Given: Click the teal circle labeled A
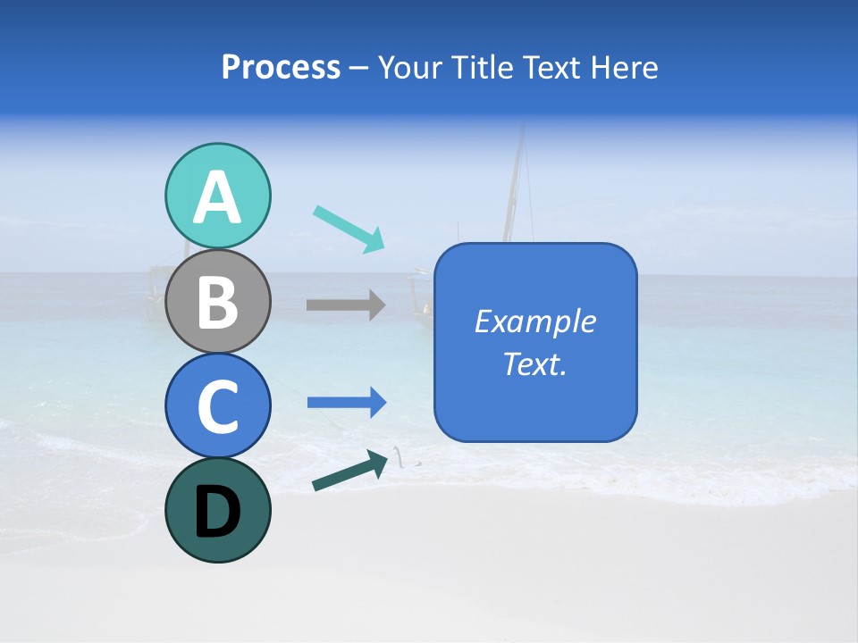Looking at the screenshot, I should (217, 196).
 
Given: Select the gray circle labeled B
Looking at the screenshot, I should (217, 301).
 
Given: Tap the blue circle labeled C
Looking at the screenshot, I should (217, 405).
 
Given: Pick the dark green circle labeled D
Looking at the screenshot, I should (217, 510).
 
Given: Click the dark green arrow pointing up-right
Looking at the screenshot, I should (349, 471).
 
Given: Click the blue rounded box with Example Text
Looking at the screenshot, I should (535, 342).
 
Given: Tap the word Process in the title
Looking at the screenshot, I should (281, 67).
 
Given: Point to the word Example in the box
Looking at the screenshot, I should (535, 321).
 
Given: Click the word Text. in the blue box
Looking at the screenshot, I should (535, 363).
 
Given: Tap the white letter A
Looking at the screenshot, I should (217, 197).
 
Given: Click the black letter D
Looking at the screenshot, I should (217, 512).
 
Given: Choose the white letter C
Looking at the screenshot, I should (217, 407).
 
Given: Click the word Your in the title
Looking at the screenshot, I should (412, 67).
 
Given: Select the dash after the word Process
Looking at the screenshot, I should (358, 69).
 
